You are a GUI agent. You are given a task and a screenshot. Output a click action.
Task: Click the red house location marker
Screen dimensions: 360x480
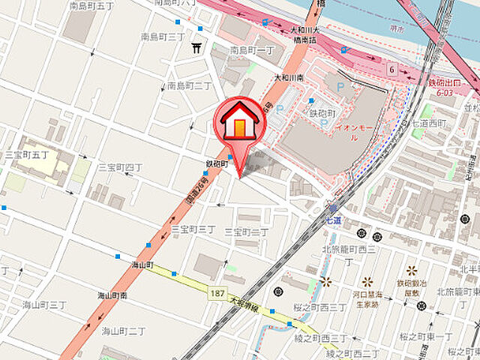click(239, 120)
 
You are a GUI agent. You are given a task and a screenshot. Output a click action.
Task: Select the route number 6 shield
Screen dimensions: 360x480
click(391, 70)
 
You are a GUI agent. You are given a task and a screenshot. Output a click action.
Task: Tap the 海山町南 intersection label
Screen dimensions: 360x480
click(112, 295)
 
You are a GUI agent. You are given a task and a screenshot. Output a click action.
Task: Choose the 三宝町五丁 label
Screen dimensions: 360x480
click(27, 154)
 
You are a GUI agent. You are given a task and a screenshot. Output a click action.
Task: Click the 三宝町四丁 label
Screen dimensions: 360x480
click(120, 166)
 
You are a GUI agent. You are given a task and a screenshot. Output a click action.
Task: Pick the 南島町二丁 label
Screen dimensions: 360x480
click(189, 85)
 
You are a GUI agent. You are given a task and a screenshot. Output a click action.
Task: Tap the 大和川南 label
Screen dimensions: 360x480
click(287, 77)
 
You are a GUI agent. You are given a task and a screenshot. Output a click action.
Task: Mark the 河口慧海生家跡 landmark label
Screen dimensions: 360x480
click(367, 299)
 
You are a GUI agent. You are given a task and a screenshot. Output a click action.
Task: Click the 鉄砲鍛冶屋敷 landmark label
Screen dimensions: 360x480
click(412, 288)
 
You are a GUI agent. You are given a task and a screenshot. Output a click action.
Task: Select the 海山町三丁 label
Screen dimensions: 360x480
click(44, 304)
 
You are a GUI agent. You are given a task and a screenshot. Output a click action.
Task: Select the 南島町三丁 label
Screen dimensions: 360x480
click(163, 36)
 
